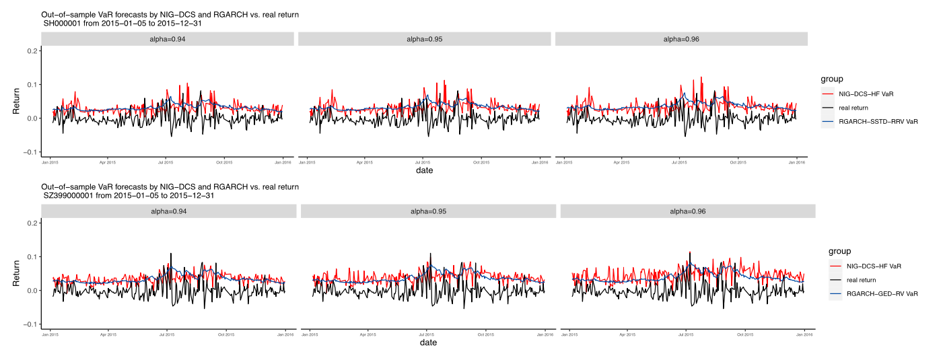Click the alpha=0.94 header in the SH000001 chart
tap(168, 39)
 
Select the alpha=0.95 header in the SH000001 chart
tap(425, 39)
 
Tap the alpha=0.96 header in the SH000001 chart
tap(681, 39)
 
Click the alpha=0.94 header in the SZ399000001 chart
tap(169, 211)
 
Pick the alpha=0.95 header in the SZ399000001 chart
tap(428, 211)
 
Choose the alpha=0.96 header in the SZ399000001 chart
tap(688, 211)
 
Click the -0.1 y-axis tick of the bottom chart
tap(32, 324)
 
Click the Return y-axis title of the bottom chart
tap(17, 273)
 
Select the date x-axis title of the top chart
tap(424, 170)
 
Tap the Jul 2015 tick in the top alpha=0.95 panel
tap(423, 162)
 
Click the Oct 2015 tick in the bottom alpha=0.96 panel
tap(744, 334)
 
